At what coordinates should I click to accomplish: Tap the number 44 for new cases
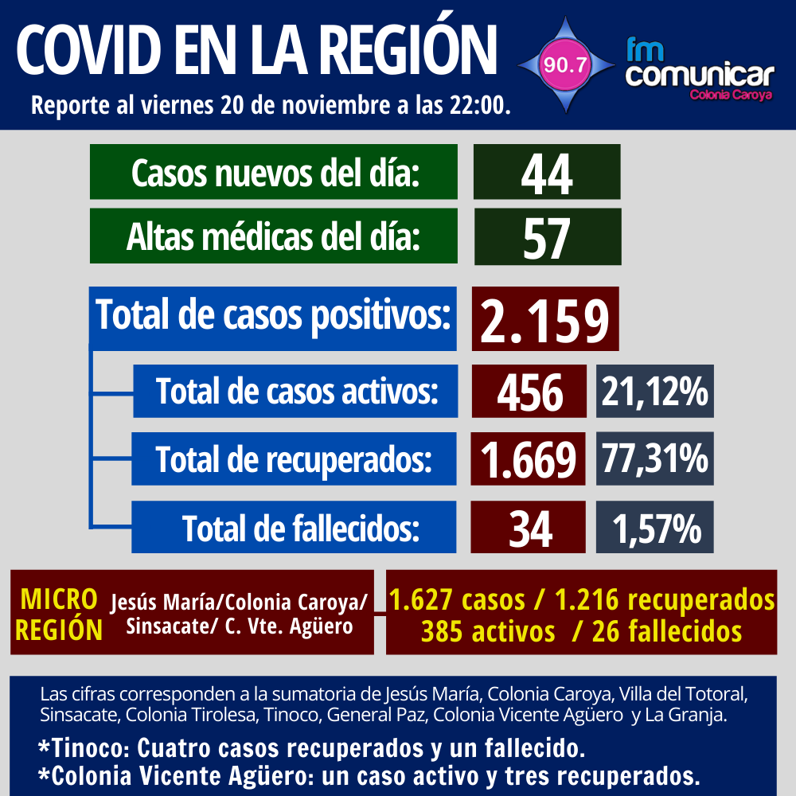[547, 173]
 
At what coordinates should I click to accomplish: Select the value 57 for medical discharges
[547, 237]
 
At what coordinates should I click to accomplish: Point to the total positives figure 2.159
[544, 319]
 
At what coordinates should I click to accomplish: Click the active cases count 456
[529, 392]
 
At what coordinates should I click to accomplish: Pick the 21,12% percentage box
[654, 392]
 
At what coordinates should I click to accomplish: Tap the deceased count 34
[529, 527]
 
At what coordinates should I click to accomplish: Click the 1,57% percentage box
[654, 527]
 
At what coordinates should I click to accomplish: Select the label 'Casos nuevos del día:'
[275, 172]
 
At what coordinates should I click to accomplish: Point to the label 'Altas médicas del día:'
[273, 236]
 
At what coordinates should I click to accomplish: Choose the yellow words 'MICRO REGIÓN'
[59, 614]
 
